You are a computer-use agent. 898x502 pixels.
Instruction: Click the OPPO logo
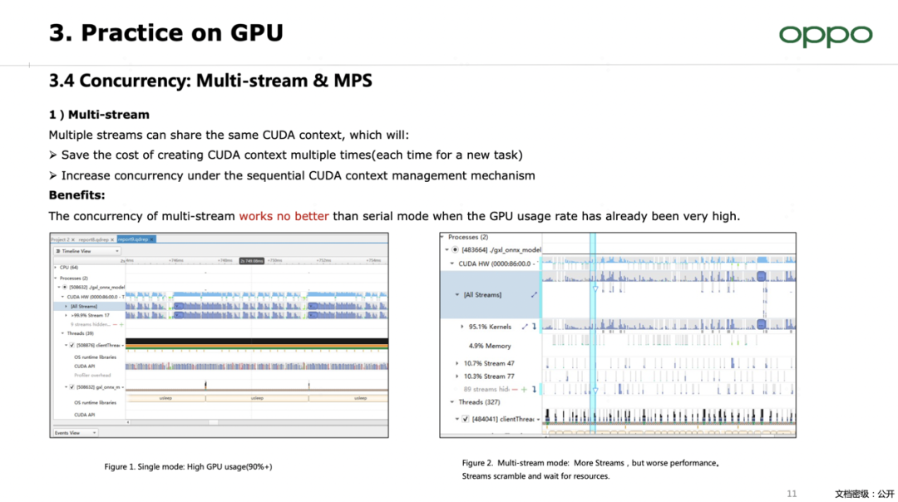tap(825, 35)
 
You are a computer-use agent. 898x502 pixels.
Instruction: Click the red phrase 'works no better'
tap(284, 216)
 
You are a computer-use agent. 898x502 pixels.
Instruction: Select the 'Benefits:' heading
tap(76, 195)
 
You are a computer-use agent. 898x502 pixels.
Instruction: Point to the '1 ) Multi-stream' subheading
tap(99, 114)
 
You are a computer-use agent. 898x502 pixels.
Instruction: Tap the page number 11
tap(792, 494)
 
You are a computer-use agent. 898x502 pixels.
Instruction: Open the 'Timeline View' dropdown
tap(87, 250)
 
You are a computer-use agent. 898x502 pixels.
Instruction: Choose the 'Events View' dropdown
tap(76, 432)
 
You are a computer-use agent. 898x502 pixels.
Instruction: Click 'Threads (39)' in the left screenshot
tap(81, 332)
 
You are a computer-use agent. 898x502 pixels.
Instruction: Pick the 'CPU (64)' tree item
tap(68, 268)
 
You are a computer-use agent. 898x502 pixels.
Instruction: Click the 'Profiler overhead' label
tap(92, 376)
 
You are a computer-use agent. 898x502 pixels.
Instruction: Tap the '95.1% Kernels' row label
tap(490, 327)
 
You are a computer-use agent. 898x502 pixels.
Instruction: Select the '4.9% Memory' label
tap(490, 346)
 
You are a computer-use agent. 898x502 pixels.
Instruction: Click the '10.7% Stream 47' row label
tap(489, 363)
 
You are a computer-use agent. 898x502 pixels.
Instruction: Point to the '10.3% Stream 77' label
tap(489, 376)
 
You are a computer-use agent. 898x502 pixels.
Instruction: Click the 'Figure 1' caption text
tap(188, 467)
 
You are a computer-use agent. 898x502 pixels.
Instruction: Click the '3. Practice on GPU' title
tap(166, 33)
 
